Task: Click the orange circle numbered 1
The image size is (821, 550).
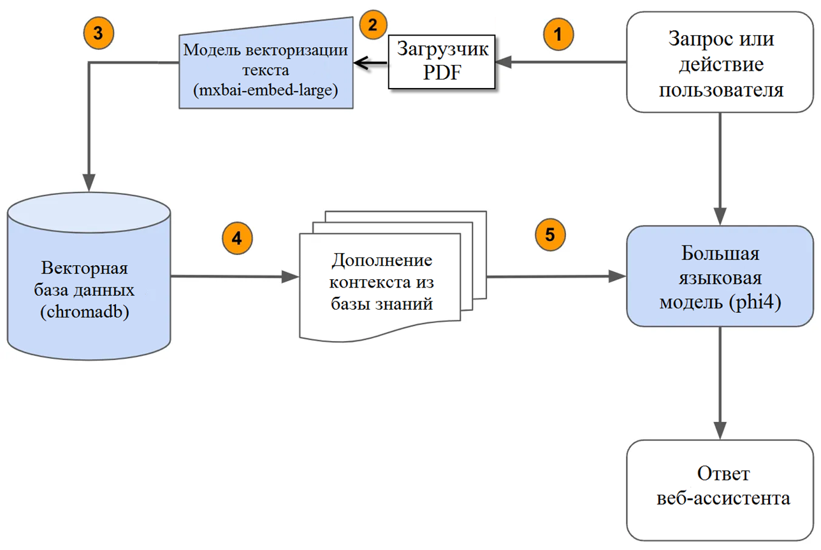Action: (558, 34)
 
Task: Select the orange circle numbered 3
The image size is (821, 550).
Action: (98, 33)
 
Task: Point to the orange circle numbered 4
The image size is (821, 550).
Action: (236, 238)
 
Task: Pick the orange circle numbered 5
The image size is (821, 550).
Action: (549, 234)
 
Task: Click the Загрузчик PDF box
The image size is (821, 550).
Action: (442, 61)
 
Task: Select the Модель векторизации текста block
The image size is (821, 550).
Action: (266, 64)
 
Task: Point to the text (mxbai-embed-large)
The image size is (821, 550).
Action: (266, 90)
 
